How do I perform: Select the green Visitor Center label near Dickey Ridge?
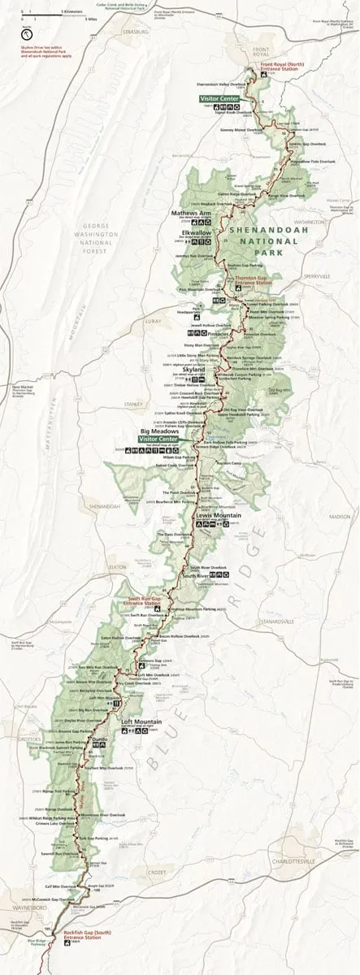tap(219, 98)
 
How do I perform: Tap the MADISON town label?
tap(339, 517)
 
